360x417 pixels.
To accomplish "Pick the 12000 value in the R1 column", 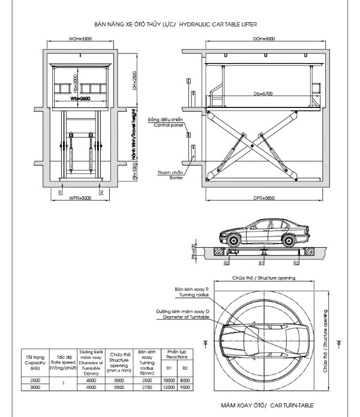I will pyautogui.click(x=169, y=388).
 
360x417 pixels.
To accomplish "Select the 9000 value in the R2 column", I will pyautogui.click(x=185, y=388).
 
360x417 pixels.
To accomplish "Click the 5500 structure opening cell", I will pyautogui.click(x=119, y=388).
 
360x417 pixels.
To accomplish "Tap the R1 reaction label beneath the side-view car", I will pyautogui.click(x=262, y=263).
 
